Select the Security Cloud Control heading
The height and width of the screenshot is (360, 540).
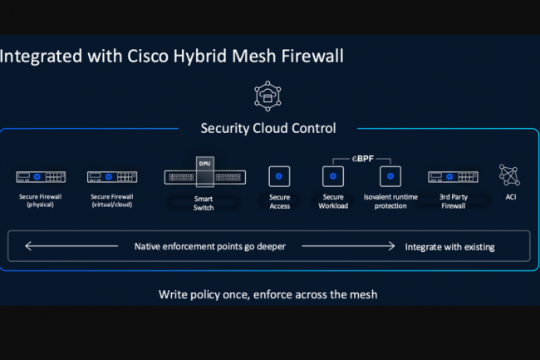click(268, 128)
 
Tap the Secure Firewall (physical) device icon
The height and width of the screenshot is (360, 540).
click(40, 177)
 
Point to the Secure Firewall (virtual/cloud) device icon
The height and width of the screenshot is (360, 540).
click(112, 177)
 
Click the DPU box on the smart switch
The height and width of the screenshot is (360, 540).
click(204, 164)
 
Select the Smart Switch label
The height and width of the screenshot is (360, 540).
click(204, 204)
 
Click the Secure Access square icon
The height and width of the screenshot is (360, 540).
click(279, 176)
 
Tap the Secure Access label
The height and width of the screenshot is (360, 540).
click(279, 202)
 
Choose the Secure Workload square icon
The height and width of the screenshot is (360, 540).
click(333, 176)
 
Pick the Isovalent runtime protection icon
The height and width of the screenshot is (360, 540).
click(390, 176)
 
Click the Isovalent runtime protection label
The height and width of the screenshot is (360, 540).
click(390, 202)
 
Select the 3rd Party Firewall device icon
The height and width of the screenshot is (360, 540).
click(453, 177)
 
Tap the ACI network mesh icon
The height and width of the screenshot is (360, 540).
click(508, 175)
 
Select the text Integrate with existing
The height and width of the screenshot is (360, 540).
click(449, 247)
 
